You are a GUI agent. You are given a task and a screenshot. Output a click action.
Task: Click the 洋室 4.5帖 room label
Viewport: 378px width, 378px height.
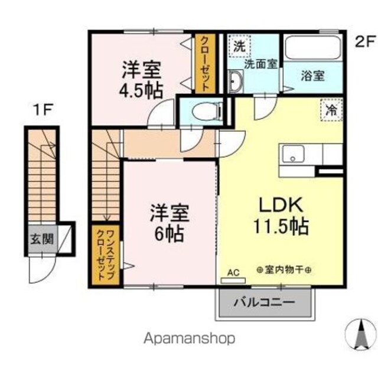(141, 80)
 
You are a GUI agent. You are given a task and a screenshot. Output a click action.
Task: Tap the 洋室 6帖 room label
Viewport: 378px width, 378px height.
(170, 223)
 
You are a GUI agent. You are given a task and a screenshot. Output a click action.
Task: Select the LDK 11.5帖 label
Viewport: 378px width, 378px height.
(281, 216)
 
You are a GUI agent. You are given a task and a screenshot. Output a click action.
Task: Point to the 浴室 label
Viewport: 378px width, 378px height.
(312, 76)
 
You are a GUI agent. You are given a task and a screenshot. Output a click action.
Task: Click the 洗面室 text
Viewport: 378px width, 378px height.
(260, 64)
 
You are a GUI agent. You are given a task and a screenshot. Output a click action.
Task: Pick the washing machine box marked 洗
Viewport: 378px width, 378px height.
(239, 46)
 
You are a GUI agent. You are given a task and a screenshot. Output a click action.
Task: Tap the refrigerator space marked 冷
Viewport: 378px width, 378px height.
(331, 110)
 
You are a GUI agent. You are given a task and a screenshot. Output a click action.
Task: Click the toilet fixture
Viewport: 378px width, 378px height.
(207, 112)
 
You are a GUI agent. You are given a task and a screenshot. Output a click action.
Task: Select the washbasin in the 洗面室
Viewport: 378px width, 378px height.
(236, 81)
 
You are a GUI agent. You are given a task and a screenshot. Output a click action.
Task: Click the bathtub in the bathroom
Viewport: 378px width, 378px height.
(312, 47)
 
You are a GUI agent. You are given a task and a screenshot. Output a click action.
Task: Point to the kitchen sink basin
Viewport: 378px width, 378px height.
(293, 154)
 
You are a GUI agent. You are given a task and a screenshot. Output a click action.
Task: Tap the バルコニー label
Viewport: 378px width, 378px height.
(265, 302)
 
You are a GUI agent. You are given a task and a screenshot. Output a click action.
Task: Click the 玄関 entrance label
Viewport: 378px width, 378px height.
(42, 239)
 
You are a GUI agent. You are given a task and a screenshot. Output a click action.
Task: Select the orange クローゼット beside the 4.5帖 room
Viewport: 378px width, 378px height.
(205, 63)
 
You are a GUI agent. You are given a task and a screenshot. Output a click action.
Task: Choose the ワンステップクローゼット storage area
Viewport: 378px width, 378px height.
(105, 255)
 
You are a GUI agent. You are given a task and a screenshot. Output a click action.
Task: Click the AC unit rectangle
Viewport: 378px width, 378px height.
(233, 281)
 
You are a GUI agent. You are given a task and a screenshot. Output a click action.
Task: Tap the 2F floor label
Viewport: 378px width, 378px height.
(366, 41)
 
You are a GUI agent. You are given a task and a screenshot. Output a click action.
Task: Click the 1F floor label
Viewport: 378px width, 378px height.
(43, 110)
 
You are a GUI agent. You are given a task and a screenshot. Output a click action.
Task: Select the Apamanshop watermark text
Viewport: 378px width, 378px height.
(189, 338)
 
